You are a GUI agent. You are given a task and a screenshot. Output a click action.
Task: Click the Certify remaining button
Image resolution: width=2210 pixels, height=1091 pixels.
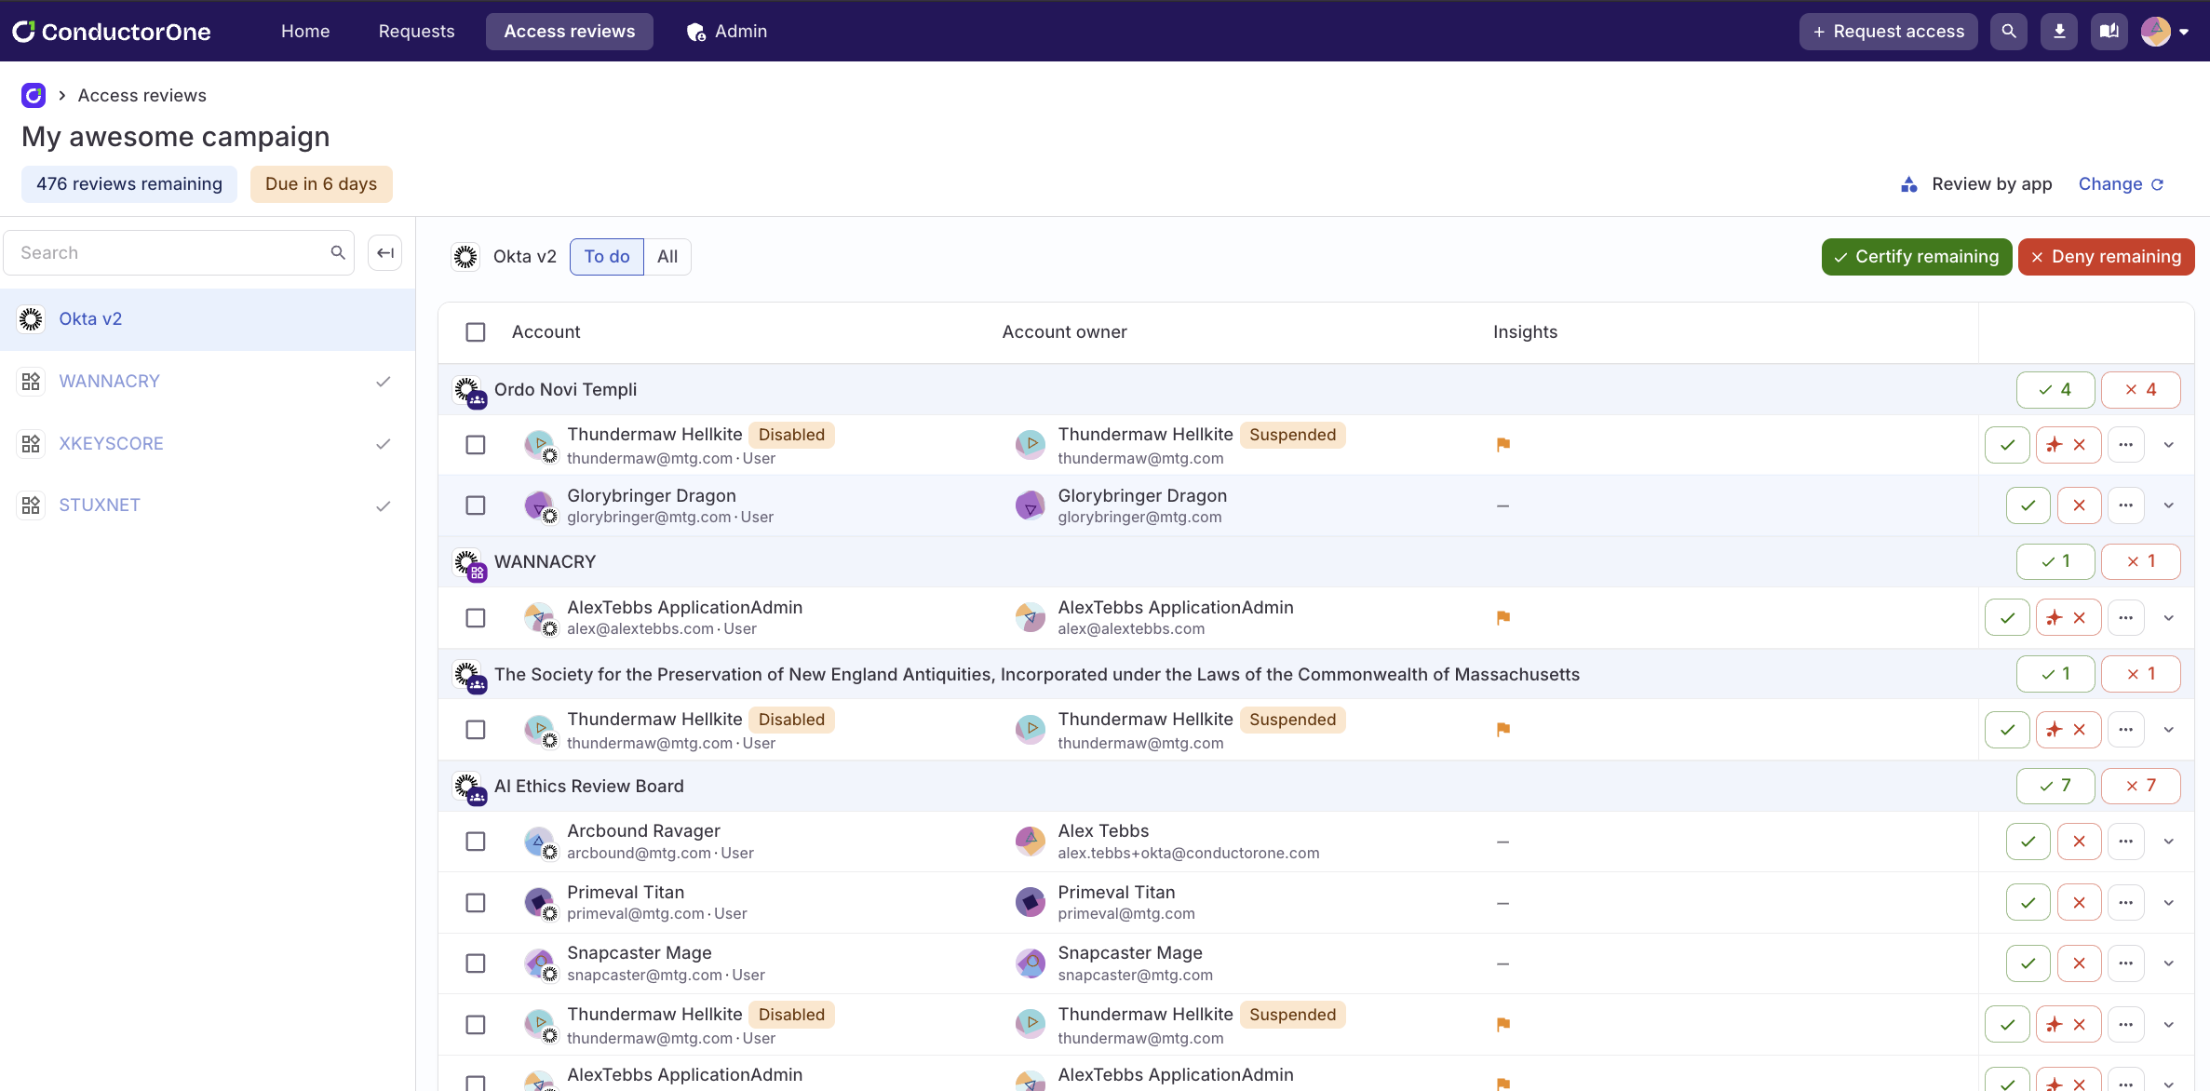1916,257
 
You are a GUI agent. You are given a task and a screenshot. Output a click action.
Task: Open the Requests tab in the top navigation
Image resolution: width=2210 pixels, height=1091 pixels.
416,32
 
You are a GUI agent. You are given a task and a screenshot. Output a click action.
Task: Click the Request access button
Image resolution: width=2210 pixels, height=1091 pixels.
1888,32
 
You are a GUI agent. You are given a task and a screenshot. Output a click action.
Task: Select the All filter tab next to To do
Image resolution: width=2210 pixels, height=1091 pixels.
667,257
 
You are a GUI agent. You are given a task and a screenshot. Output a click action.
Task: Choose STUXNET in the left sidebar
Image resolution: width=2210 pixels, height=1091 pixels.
100,505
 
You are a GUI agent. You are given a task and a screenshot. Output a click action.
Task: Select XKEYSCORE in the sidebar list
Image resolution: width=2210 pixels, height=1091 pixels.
111,444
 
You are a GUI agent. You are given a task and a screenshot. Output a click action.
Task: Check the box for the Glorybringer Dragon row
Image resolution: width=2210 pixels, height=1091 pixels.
476,505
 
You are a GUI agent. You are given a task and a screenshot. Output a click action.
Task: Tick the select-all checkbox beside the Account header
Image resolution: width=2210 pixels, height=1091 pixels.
476,332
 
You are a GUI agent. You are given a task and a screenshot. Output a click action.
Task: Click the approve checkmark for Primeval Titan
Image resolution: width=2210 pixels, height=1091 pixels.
2028,903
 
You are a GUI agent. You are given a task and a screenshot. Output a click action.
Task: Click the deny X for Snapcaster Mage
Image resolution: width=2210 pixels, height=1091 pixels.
2079,963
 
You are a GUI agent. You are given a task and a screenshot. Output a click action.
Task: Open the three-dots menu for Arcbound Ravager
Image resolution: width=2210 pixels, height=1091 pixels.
2125,842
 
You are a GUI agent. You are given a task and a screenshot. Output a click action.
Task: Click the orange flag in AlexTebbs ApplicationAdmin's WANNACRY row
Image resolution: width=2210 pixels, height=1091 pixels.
1503,618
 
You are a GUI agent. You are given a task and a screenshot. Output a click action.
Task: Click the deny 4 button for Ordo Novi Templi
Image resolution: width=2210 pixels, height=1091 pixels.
2140,390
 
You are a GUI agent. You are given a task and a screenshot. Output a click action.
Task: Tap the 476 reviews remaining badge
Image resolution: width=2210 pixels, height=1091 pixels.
129,184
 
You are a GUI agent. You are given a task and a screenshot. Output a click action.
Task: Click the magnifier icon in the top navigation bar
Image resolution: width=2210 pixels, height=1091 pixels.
2008,32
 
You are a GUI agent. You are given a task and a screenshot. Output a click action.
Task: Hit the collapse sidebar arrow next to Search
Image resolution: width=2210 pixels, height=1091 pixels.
384,253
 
